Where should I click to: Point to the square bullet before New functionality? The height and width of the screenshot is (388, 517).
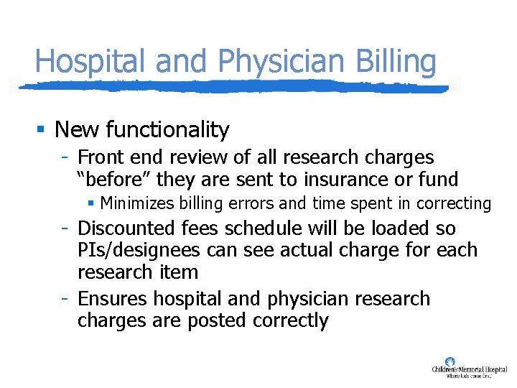coord(42,130)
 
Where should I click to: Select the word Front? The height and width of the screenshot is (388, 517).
coord(100,157)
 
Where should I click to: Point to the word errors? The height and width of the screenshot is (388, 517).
coord(249,203)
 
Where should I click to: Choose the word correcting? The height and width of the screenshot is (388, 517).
coord(453,204)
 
